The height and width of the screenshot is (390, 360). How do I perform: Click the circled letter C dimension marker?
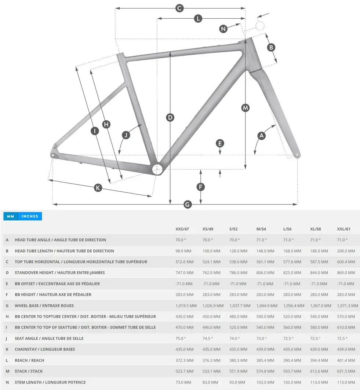point(179,8)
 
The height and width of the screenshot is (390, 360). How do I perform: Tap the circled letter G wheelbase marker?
point(188,205)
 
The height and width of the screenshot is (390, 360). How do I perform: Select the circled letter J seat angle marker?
point(126,135)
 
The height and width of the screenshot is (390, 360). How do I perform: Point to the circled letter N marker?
point(223,29)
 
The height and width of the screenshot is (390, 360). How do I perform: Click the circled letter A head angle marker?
point(261,136)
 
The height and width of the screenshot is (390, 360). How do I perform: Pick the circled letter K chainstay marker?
point(98,188)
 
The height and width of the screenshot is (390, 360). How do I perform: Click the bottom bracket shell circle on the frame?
point(157,169)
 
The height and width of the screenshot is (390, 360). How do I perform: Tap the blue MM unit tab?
point(10,217)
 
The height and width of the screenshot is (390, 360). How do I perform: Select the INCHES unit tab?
point(30,217)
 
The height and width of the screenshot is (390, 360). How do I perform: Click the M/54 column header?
point(261,229)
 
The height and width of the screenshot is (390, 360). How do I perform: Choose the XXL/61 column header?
point(344,229)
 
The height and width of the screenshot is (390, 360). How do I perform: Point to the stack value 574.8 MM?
point(265,371)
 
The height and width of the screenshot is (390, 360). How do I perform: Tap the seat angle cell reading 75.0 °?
point(181,338)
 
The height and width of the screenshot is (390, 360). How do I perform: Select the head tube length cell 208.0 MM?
point(346,251)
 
